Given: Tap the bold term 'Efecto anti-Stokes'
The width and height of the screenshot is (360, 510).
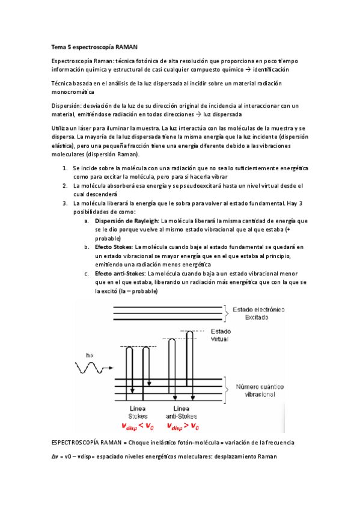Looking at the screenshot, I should (121, 274).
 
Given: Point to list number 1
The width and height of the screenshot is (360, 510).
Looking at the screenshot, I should (65, 169).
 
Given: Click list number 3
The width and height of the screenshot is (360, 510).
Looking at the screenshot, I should (65, 203).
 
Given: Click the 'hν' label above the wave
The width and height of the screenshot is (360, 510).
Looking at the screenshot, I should (89, 355).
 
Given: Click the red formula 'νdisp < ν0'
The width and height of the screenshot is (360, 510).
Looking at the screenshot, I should (138, 426).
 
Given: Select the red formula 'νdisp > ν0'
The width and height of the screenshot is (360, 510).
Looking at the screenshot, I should (182, 426).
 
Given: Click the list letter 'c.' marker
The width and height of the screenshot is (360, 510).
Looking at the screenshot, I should (87, 274).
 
